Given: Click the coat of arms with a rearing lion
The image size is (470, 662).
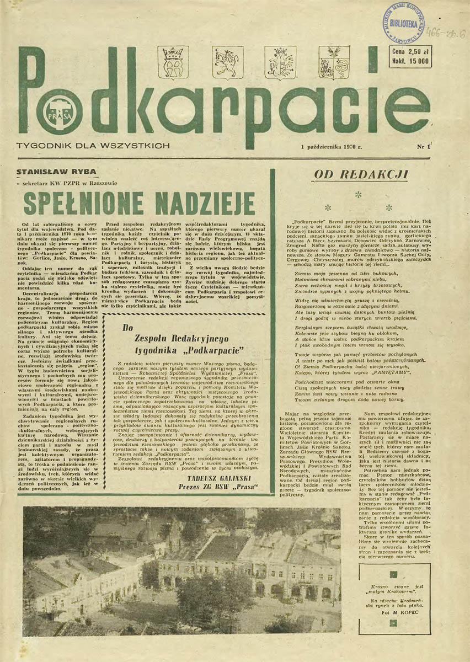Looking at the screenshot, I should click(x=228, y=62).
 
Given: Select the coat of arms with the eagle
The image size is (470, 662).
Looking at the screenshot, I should click(x=280, y=62).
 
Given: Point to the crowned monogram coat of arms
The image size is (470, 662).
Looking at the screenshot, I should click(x=173, y=62).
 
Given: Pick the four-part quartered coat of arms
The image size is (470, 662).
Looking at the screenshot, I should click(x=334, y=62).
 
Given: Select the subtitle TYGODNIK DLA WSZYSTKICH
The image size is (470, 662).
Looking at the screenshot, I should click(x=94, y=147).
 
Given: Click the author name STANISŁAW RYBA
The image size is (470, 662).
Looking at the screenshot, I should click(x=57, y=171).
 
